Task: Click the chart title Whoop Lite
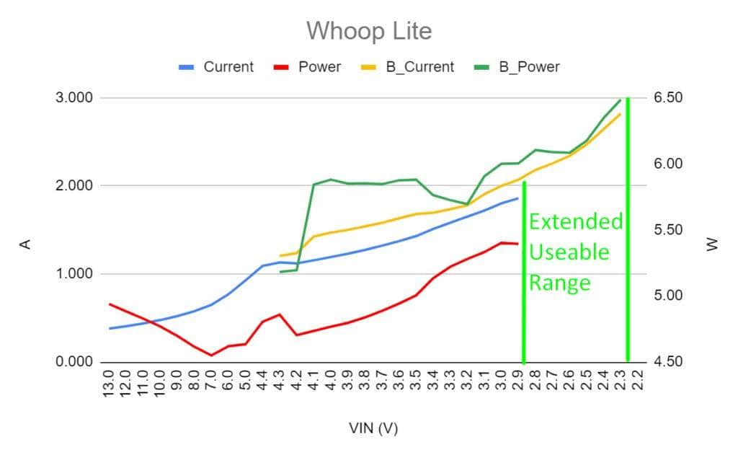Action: pos(369,31)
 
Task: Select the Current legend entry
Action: pos(228,67)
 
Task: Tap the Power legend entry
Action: pos(319,67)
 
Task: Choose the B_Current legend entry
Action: pos(419,67)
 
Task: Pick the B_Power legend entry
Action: pos(529,67)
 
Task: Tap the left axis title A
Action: pos(25,244)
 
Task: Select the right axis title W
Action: pos(713,244)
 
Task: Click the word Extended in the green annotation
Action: pos(575,221)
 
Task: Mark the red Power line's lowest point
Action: pos(211,355)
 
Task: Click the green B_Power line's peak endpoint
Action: pos(620,100)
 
